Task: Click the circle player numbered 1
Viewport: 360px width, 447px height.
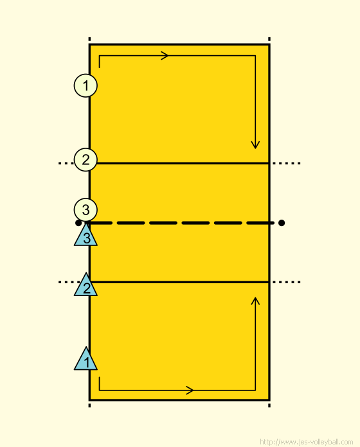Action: click(x=85, y=85)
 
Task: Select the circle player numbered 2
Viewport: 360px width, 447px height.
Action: click(x=85, y=160)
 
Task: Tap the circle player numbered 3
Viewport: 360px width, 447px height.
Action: click(x=85, y=210)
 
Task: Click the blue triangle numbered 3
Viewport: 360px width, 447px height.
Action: click(x=85, y=236)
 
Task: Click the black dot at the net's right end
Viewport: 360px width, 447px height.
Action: click(x=282, y=223)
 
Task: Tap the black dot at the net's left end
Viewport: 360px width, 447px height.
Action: click(x=78, y=223)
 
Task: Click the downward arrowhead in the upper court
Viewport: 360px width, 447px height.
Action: click(x=255, y=145)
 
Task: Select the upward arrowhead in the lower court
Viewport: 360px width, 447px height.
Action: click(x=255, y=301)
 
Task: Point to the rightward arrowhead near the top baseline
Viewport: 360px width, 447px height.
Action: click(x=165, y=56)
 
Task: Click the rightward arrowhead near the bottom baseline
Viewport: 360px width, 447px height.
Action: click(x=190, y=390)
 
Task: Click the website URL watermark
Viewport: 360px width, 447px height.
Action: click(x=307, y=442)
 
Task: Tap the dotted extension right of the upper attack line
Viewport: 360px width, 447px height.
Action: click(x=286, y=163)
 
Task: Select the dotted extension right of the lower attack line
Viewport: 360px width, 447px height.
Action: click(x=286, y=282)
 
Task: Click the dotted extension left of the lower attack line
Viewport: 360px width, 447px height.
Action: click(x=68, y=282)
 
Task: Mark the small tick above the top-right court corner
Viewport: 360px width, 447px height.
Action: click(x=269, y=39)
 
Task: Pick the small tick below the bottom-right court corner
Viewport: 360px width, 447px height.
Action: click(x=269, y=405)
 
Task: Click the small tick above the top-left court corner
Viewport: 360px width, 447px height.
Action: click(x=89, y=39)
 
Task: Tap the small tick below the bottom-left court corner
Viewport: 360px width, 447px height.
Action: click(x=89, y=405)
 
